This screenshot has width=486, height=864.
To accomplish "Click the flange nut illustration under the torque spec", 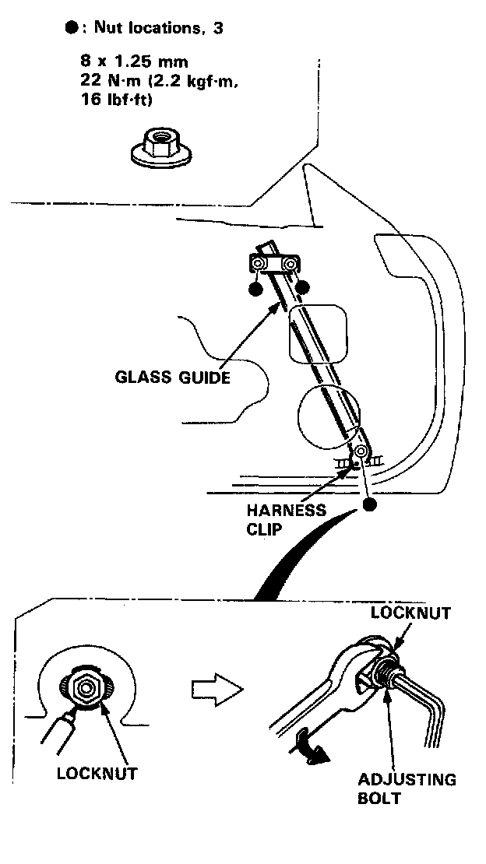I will pyautogui.click(x=160, y=149).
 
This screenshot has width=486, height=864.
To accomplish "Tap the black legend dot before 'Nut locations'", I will pyautogui.click(x=72, y=27).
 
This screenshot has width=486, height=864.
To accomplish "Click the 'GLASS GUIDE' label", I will pyautogui.click(x=172, y=378).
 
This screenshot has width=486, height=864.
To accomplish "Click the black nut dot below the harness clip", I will pyautogui.click(x=369, y=505).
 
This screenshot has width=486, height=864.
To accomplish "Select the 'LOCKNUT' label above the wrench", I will pyautogui.click(x=410, y=613).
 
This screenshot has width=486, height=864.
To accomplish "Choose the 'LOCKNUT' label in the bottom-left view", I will pyautogui.click(x=97, y=774).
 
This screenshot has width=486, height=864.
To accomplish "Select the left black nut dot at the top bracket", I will pyautogui.click(x=255, y=290).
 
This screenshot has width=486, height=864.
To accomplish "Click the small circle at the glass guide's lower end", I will pyautogui.click(x=361, y=452).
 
